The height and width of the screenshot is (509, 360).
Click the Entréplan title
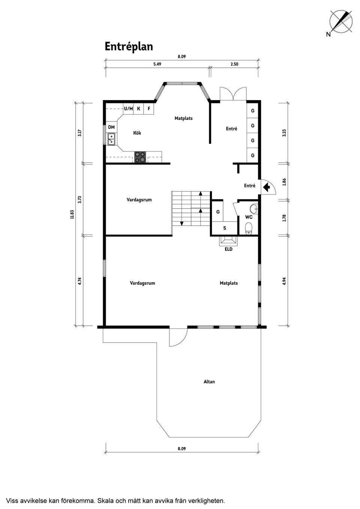pos(129,47)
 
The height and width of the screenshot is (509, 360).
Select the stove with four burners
pos(140,157)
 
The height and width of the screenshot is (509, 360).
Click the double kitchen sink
pos(111,139)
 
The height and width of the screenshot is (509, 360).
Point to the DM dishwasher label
pos(111,127)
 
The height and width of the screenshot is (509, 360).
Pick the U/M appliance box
pos(128,109)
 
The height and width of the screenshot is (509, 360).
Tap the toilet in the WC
pos(249,228)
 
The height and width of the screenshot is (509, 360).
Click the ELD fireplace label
pos(228,249)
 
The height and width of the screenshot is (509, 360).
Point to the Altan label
pos(209,382)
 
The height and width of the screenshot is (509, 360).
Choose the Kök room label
pos(137,133)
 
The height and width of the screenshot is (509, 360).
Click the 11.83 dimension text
pos(72,214)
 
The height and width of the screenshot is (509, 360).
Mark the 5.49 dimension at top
pos(157,64)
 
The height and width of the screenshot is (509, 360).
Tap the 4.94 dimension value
pos(284,281)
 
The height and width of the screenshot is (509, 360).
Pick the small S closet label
pos(225,228)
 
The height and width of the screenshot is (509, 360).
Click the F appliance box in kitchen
pos(149,109)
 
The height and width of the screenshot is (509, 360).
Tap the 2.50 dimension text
pos(234,64)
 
